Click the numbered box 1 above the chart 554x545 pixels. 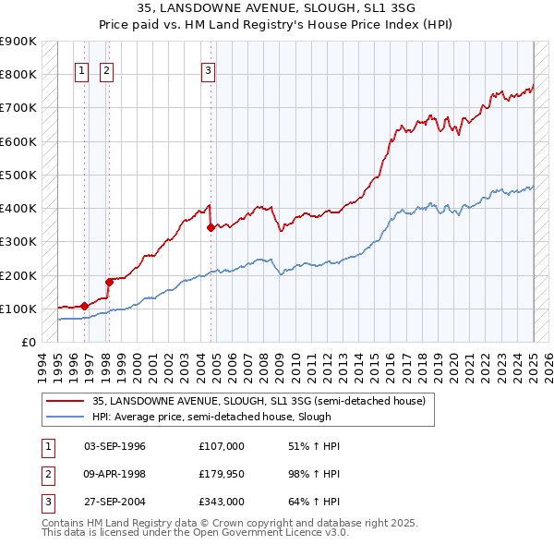coord(81,70)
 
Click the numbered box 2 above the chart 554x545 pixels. coord(106,70)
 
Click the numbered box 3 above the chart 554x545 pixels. coord(208,70)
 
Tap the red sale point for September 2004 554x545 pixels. coord(211,226)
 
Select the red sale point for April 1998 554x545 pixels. coord(109,282)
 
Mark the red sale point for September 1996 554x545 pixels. coord(84,306)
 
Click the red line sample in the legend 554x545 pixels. coord(66,401)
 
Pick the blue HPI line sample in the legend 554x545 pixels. coord(66,417)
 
